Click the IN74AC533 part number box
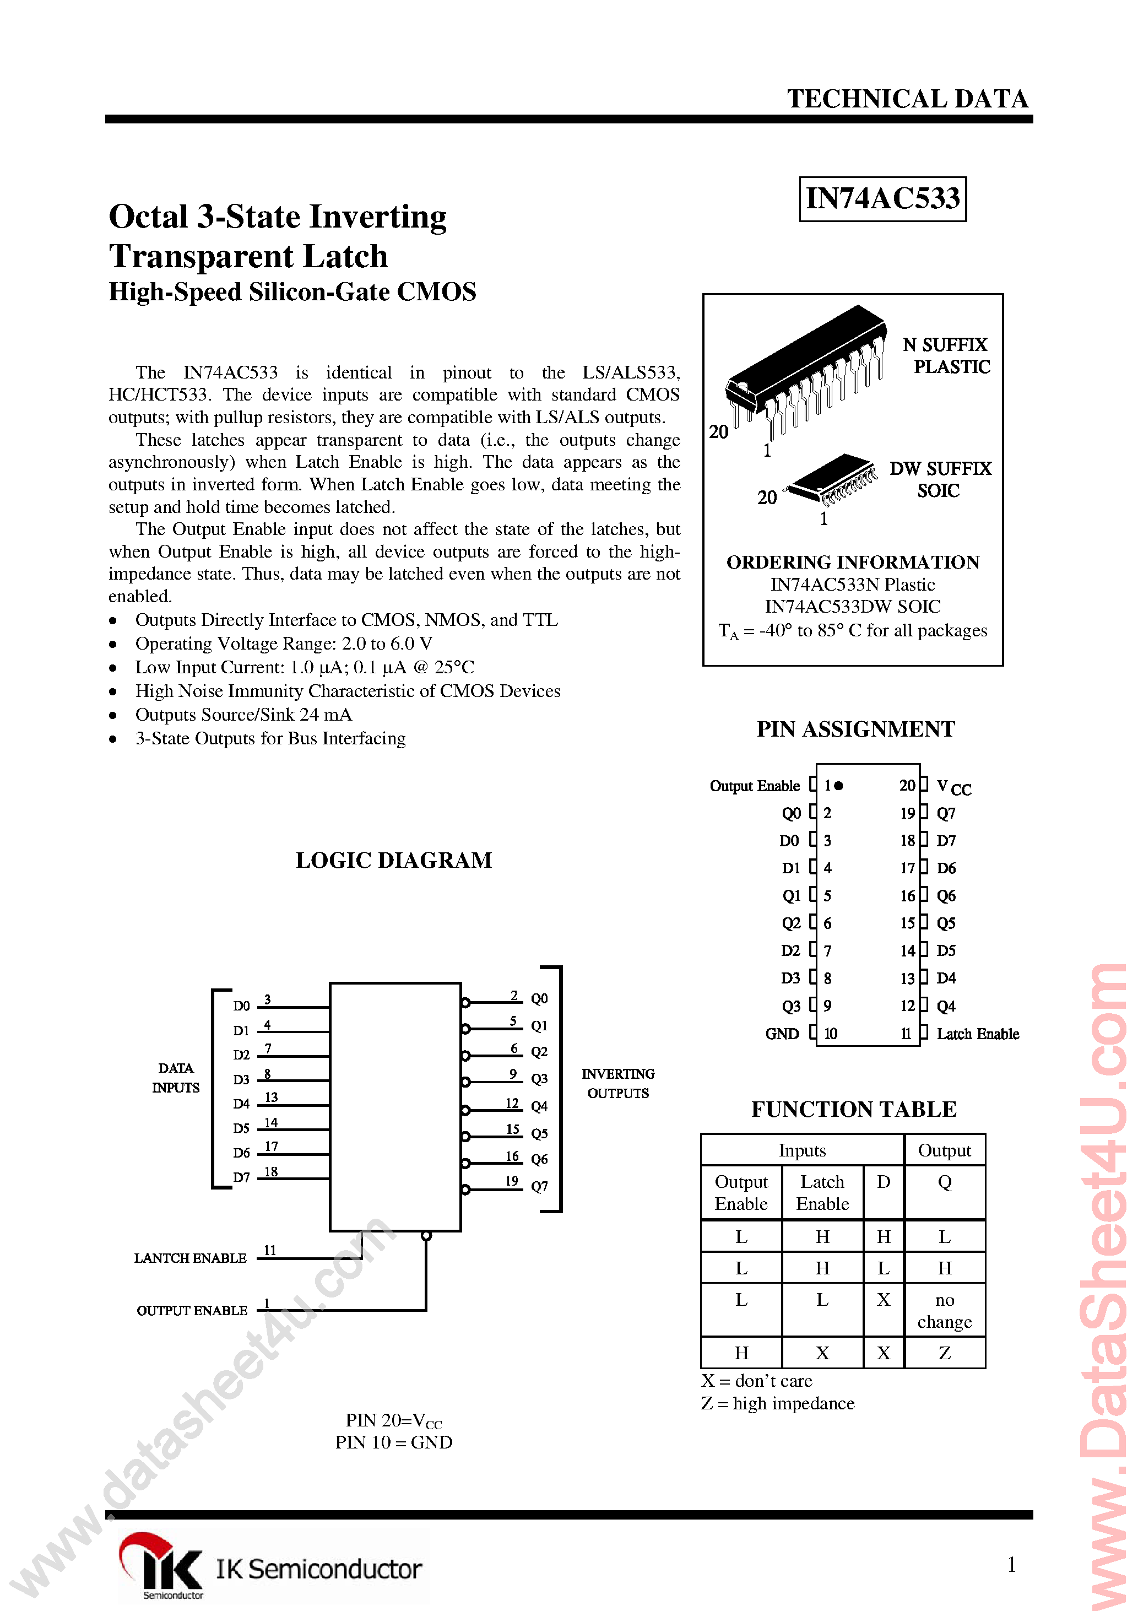(882, 198)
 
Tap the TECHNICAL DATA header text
(907, 99)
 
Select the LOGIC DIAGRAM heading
(394, 860)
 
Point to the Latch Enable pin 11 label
(977, 1034)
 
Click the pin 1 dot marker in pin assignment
(838, 786)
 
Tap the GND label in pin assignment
(782, 1034)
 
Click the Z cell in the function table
(944, 1353)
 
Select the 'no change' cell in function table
(944, 1311)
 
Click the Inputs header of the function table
(802, 1150)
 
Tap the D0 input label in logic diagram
(241, 1006)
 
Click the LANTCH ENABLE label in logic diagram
(190, 1258)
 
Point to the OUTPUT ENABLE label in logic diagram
(192, 1311)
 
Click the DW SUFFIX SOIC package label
(940, 479)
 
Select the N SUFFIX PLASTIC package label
(946, 356)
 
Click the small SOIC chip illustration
(833, 479)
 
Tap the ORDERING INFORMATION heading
(853, 562)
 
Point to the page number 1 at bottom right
(1011, 1565)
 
